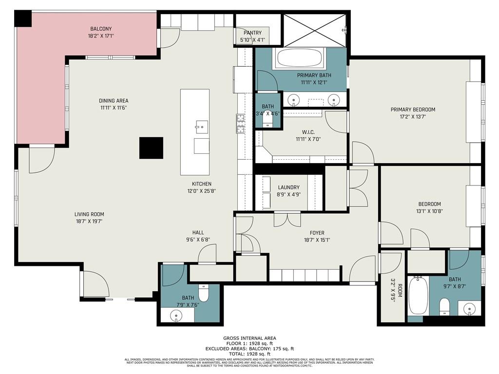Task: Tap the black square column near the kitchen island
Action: [151, 148]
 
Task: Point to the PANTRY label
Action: [253, 33]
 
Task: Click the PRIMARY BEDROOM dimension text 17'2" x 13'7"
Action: [413, 117]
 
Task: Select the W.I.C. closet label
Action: [308, 132]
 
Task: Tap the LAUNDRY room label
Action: [288, 187]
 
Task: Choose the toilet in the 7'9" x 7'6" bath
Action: [204, 293]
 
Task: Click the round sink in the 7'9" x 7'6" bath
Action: [175, 316]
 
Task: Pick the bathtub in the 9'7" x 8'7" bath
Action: [418, 296]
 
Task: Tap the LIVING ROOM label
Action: [89, 214]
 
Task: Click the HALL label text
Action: [198, 233]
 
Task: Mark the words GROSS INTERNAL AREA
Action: [249, 338]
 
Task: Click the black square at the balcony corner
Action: [22, 19]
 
